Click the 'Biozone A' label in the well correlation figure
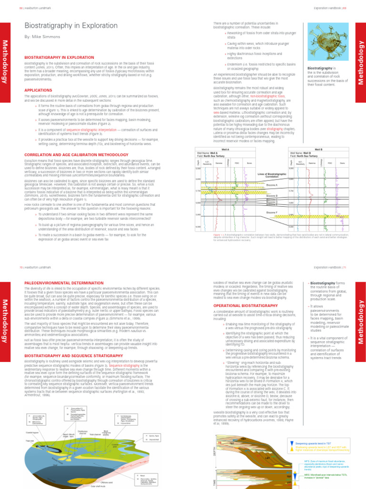(x=272, y=185)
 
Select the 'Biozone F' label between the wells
(x=272, y=213)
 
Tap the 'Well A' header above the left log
(x=225, y=149)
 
